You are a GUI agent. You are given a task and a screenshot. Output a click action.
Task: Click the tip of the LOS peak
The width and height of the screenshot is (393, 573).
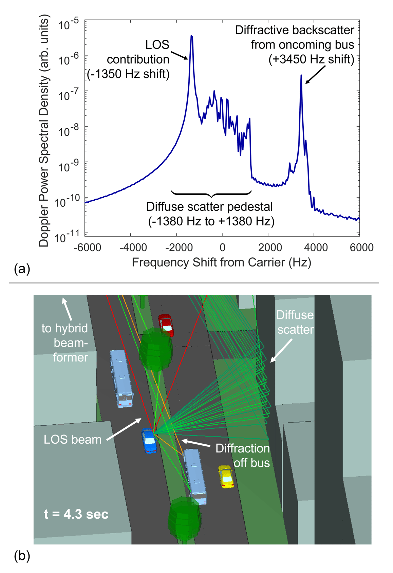(x=191, y=36)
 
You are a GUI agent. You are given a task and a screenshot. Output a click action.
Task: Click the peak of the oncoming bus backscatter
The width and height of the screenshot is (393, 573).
(x=301, y=76)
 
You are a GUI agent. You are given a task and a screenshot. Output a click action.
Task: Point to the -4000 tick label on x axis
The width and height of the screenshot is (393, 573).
(x=133, y=247)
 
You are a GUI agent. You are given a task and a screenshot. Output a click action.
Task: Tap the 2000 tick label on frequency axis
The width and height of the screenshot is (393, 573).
(x=270, y=247)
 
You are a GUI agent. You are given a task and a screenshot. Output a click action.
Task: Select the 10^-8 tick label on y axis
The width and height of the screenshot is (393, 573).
(x=69, y=130)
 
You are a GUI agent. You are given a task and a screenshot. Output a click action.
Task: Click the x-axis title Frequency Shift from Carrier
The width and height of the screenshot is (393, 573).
(x=221, y=262)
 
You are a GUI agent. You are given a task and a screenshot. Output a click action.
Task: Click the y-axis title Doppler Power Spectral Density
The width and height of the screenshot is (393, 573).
(x=44, y=131)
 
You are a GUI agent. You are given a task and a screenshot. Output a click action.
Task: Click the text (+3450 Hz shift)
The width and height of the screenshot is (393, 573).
(x=311, y=59)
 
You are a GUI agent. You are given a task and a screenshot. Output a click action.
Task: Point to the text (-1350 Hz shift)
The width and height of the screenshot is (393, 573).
(x=128, y=74)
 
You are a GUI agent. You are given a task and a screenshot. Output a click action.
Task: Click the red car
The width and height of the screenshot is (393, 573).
(x=166, y=325)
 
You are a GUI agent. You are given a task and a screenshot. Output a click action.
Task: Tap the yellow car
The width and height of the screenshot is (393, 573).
(x=226, y=477)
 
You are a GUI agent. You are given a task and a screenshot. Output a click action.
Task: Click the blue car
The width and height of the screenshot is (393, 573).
(x=149, y=441)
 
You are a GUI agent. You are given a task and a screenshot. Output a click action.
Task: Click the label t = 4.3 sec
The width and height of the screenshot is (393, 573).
(x=76, y=514)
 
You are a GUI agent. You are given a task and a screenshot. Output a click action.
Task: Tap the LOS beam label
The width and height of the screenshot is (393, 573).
(x=73, y=440)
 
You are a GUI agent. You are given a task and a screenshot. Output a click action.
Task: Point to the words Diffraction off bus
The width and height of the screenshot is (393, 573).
(x=243, y=456)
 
